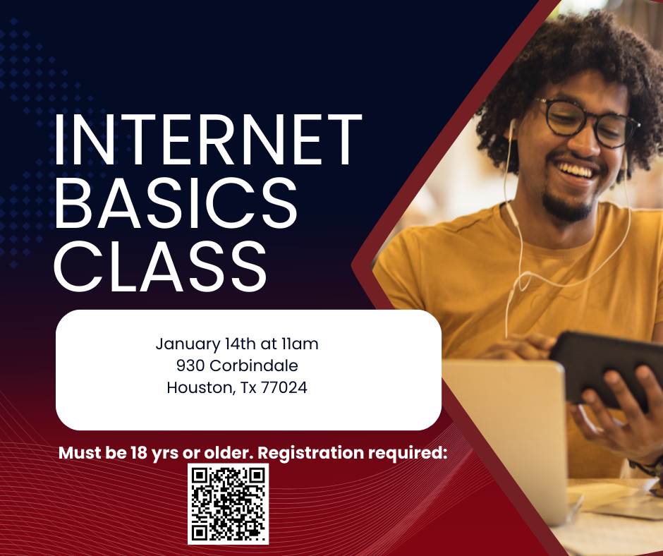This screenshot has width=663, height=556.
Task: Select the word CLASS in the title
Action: [x=162, y=266]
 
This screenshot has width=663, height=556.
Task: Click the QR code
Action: [x=228, y=504]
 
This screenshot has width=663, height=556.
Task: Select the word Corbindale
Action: [x=254, y=365]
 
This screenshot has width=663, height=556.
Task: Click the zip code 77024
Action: [x=284, y=387]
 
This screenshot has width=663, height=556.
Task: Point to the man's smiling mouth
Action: [x=575, y=172]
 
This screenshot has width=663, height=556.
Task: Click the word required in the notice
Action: [x=411, y=453]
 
